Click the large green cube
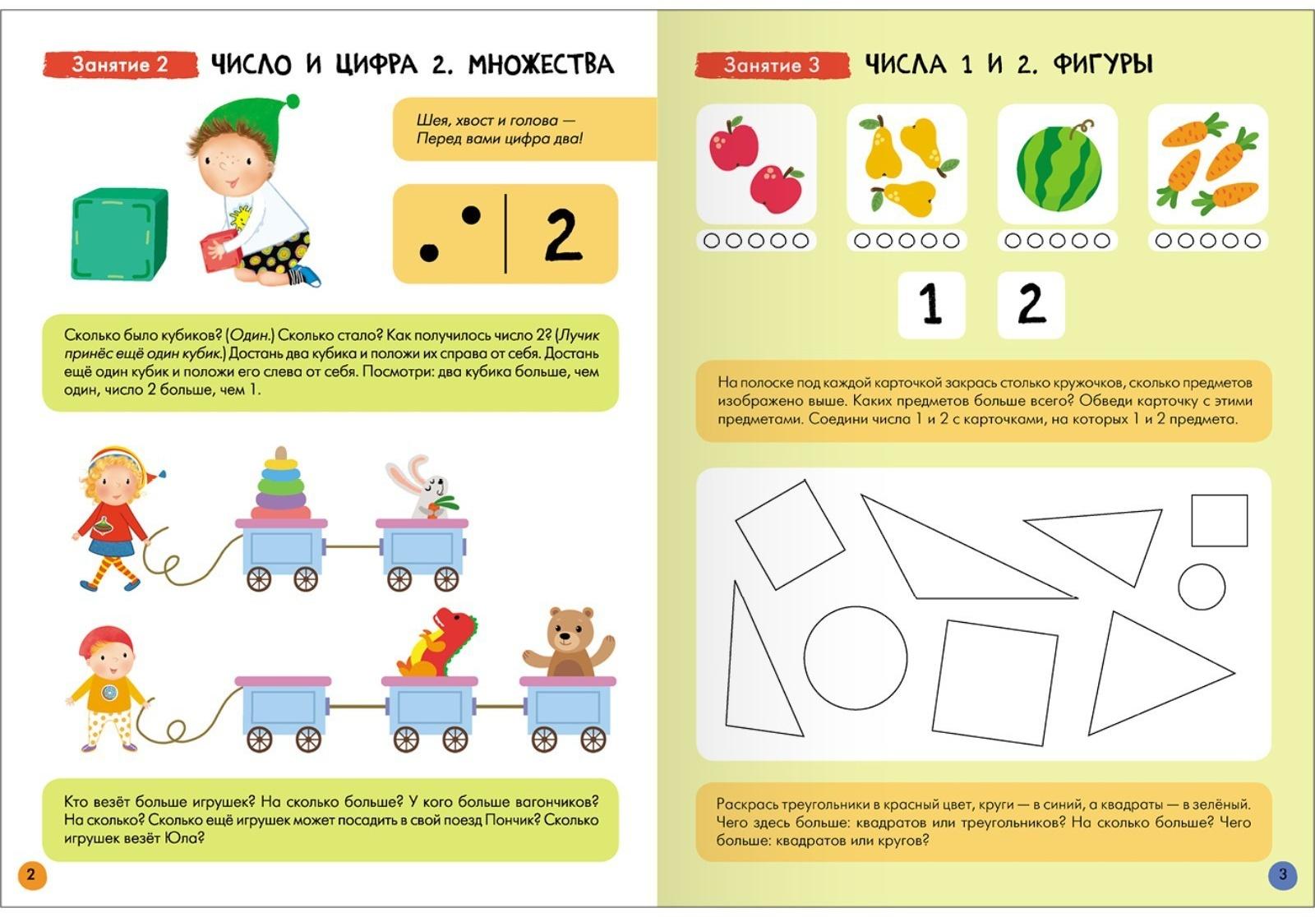tap(120, 234)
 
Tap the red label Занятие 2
tap(120, 65)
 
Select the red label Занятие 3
tap(772, 65)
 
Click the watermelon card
tap(1057, 164)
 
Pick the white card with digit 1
tap(932, 305)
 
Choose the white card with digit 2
tap(1031, 305)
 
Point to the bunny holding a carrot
tap(424, 487)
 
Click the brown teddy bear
tap(569, 643)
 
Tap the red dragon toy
tap(436, 643)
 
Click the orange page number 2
tap(32, 875)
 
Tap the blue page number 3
tap(1283, 875)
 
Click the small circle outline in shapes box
tap(1202, 587)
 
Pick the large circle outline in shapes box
tap(856, 658)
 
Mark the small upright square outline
tap(1220, 521)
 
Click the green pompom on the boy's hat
tap(292, 102)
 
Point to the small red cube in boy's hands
tap(219, 251)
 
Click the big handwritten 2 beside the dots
tap(563, 234)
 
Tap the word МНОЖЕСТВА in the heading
tap(541, 64)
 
